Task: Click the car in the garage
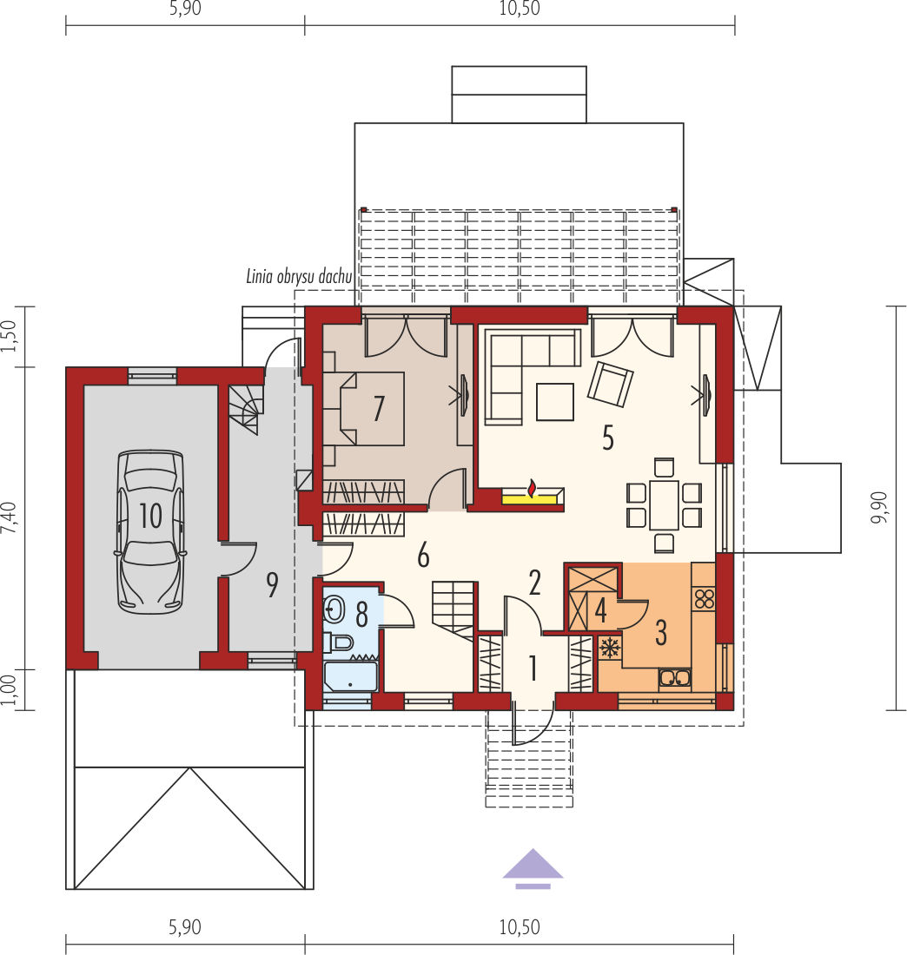[x=150, y=531]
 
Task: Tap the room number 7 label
[x=379, y=408]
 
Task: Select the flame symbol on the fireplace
[x=533, y=489]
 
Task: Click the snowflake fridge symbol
[x=609, y=648]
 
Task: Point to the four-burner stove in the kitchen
[x=704, y=598]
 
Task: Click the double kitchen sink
[x=674, y=678]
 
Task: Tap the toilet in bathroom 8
[x=339, y=642]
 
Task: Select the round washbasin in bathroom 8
[x=334, y=609]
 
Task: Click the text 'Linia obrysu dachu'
[x=299, y=276]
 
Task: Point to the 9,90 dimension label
[x=878, y=507]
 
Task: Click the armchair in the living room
[x=610, y=385]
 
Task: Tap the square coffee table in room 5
[x=554, y=401]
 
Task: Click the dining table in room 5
[x=664, y=505]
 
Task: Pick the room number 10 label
[x=150, y=516]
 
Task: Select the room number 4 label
[x=601, y=611]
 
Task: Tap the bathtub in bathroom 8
[x=350, y=676]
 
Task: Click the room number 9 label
[x=273, y=584]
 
